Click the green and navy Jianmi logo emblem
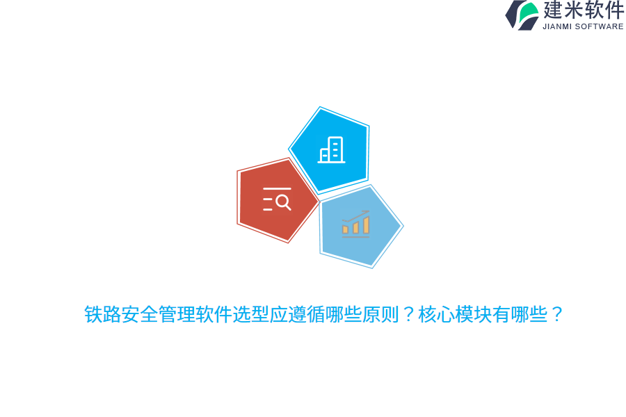tap(522, 15)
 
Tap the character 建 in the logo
tap(554, 10)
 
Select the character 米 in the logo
tap(575, 10)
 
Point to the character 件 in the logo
tap(614, 10)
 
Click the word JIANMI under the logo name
tap(557, 26)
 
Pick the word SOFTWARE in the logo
tap(600, 26)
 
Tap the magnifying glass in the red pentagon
tap(282, 202)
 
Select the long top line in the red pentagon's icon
tap(277, 188)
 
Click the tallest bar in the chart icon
tap(366, 225)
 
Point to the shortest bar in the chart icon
tap(345, 229)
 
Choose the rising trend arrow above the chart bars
tap(356, 215)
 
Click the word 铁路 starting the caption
tap(102, 315)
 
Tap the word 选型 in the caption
tap(250, 315)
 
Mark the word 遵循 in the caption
tap(306, 315)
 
